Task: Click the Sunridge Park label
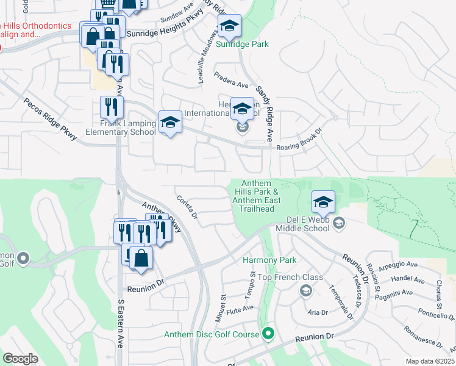click(242, 44)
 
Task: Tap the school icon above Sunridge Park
click(229, 27)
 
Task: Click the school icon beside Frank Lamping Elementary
click(170, 123)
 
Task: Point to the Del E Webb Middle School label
click(310, 224)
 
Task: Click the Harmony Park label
click(269, 260)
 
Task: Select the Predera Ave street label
click(230, 81)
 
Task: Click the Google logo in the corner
click(21, 359)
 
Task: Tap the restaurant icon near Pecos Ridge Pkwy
click(112, 107)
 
